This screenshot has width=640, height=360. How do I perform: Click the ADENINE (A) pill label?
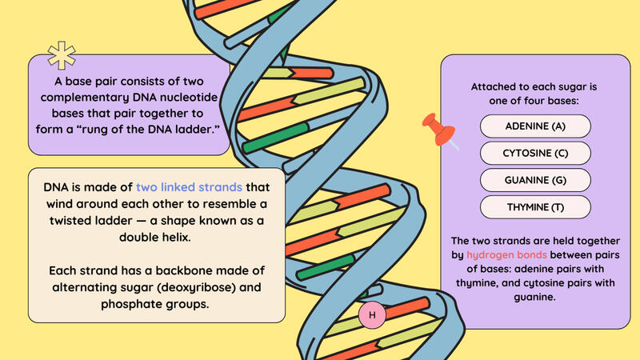point(535,126)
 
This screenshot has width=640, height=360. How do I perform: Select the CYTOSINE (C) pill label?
point(535,153)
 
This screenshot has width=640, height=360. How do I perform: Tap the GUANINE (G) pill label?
point(535,180)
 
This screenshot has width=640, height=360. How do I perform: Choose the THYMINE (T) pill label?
point(535,207)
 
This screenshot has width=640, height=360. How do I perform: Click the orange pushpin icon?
point(438,130)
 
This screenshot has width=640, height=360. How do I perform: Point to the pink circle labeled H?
point(372,314)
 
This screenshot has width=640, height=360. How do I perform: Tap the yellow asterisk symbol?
point(62,55)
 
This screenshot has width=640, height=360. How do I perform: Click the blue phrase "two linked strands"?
point(189,187)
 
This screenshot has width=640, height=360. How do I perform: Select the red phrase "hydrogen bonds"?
point(506,254)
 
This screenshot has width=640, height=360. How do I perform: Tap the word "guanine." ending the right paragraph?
point(534,298)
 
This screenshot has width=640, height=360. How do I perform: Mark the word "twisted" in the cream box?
point(70,221)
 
